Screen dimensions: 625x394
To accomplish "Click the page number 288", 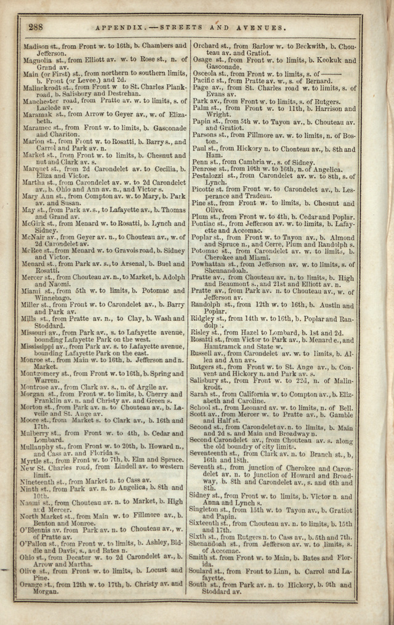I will tap(35, 27).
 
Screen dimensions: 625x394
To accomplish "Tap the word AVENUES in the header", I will tap(263, 28).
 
